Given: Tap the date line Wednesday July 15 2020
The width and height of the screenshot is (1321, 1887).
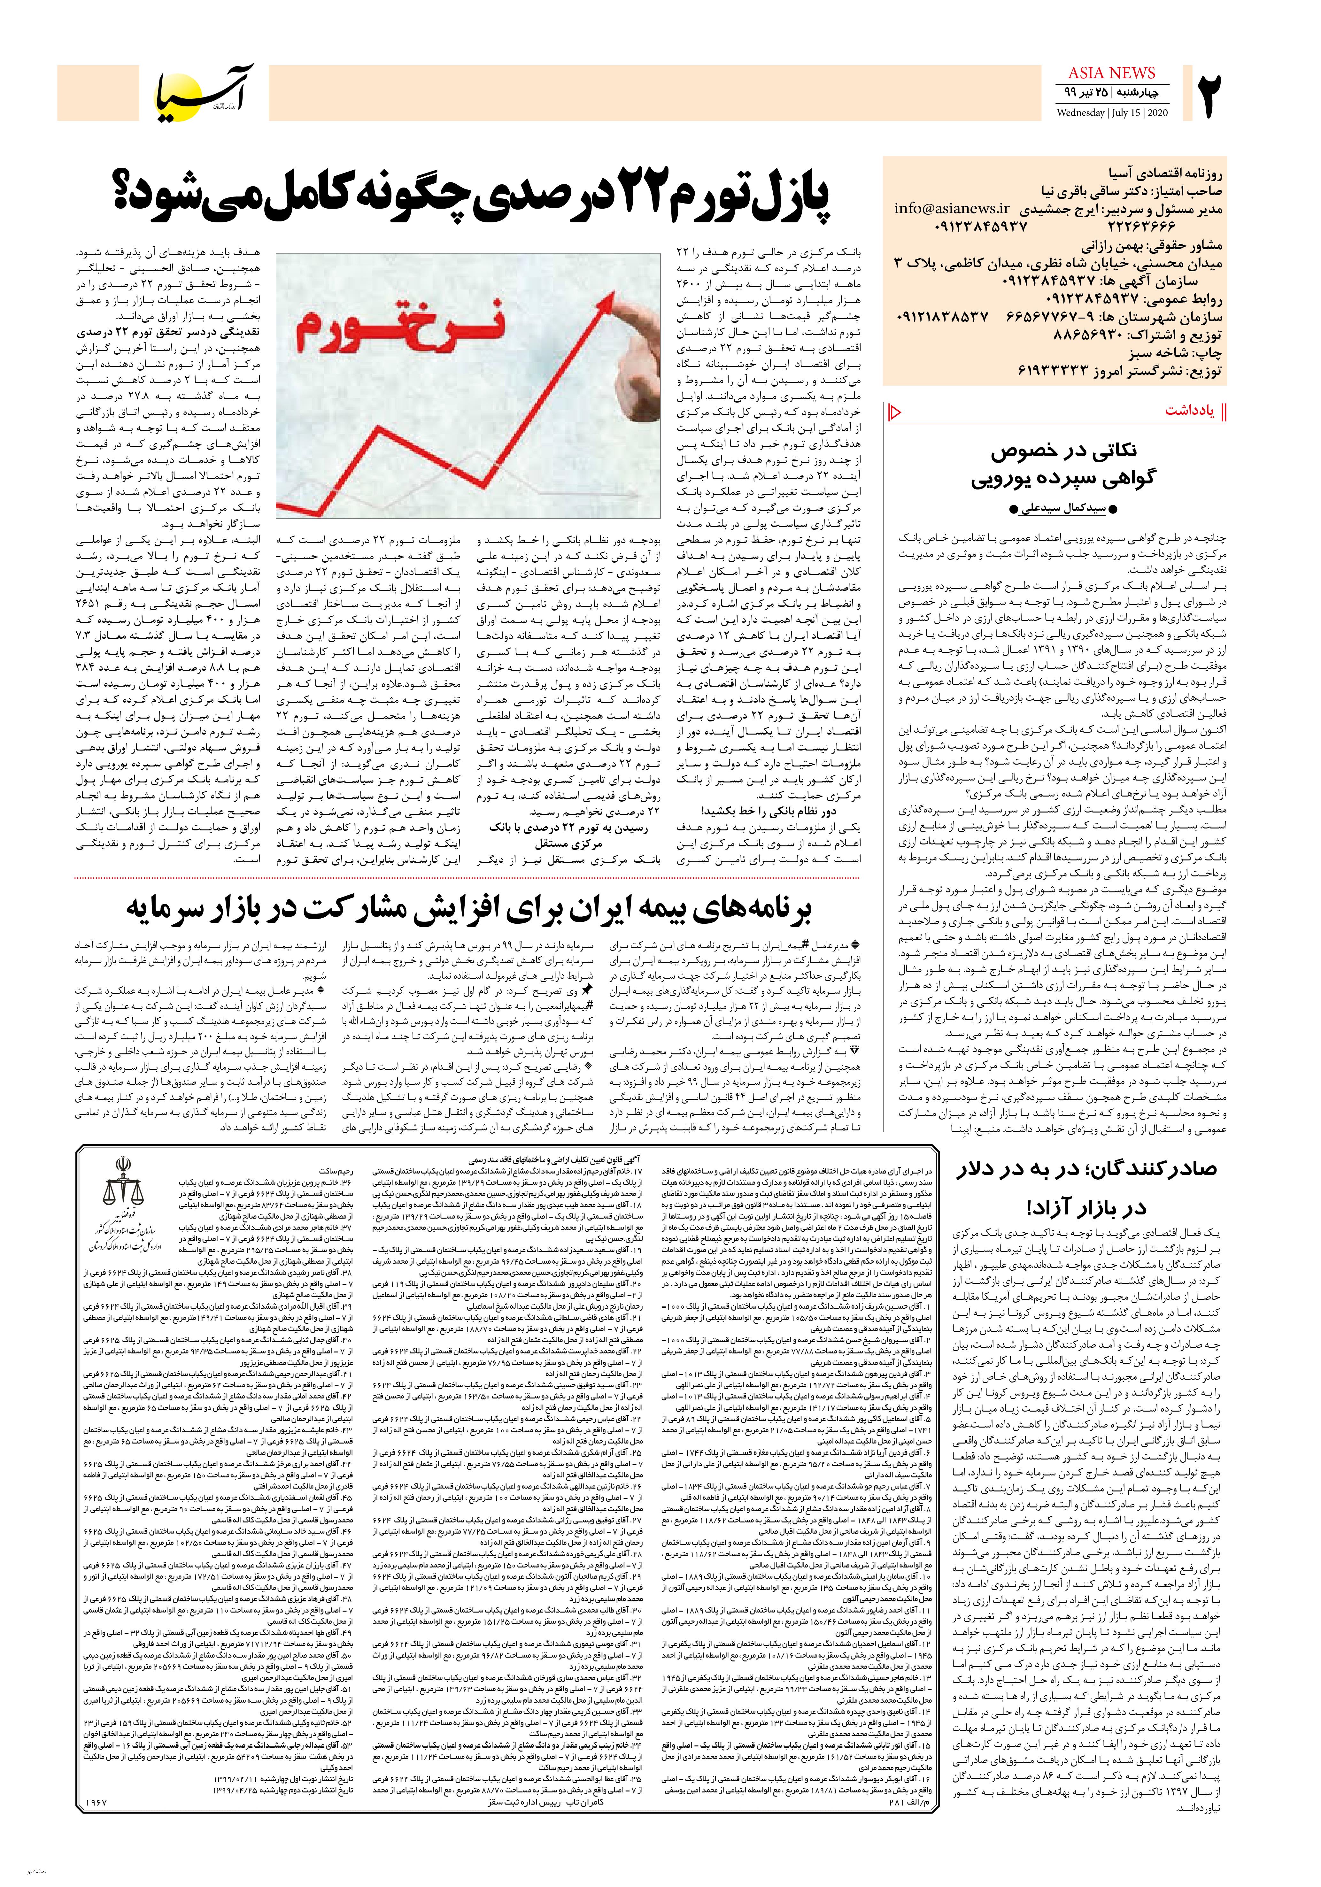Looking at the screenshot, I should click(x=1112, y=112).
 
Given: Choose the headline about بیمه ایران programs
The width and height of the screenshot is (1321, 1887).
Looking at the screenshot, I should click(x=468, y=907).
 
